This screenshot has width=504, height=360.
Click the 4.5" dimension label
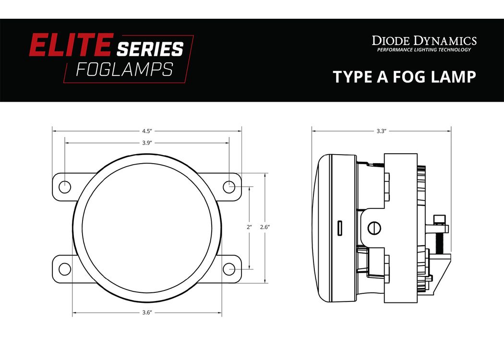click(x=147, y=131)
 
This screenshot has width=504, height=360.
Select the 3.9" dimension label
click(x=147, y=143)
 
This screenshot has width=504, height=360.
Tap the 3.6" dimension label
click(x=147, y=312)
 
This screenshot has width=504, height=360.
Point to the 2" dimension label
click(x=250, y=227)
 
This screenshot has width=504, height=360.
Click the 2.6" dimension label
click(x=265, y=227)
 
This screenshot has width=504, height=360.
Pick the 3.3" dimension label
click(x=381, y=131)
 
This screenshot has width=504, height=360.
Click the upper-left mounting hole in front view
click(x=65, y=187)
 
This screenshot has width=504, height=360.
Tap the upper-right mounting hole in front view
click(x=229, y=187)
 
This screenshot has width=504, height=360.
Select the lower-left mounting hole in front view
click(x=65, y=269)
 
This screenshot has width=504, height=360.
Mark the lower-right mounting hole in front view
click(x=229, y=269)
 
